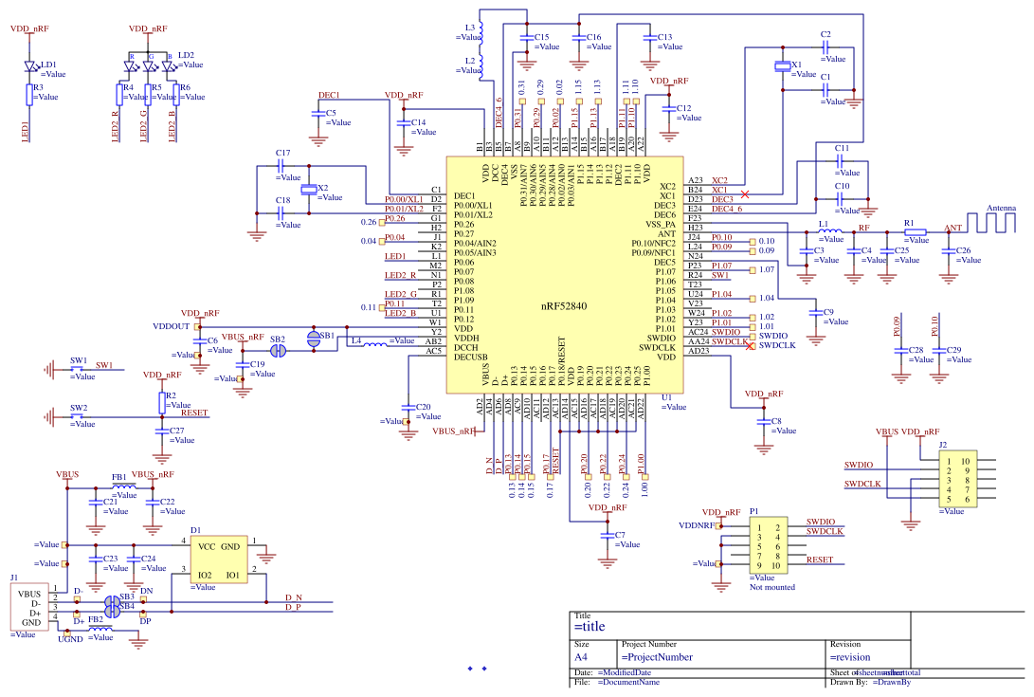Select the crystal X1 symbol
click(782, 66)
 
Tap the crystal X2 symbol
click(309, 190)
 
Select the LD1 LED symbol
click(30, 67)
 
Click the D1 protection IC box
click(218, 560)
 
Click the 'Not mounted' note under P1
click(771, 587)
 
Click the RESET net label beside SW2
click(193, 413)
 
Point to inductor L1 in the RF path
click(829, 231)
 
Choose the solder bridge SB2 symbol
click(278, 350)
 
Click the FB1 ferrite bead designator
click(119, 477)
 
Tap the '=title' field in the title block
click(590, 627)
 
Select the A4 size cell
click(582, 656)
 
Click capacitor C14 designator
click(418, 122)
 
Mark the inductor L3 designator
click(470, 27)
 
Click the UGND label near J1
click(70, 639)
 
